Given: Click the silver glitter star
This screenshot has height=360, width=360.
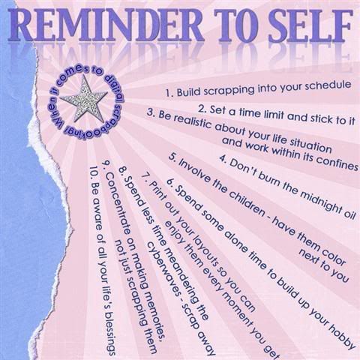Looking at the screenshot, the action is [84, 100].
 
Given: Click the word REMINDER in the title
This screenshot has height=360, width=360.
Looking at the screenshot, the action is [106, 25].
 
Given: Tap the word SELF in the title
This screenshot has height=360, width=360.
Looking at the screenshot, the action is [310, 26].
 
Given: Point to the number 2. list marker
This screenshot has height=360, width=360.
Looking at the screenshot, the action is [202, 109].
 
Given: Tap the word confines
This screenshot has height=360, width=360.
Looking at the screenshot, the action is [336, 163].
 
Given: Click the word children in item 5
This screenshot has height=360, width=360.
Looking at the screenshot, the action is [239, 201].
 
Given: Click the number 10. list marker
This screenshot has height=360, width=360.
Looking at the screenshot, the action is [94, 173].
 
